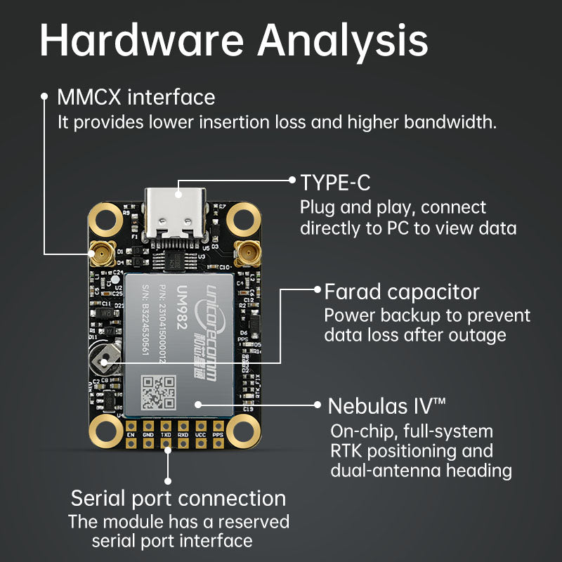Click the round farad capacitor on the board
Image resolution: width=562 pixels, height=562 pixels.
tap(105, 361)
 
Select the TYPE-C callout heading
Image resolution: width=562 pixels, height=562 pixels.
tap(335, 183)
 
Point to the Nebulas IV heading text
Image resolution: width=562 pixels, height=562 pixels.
tap(387, 406)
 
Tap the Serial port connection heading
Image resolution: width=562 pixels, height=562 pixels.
tap(178, 499)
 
